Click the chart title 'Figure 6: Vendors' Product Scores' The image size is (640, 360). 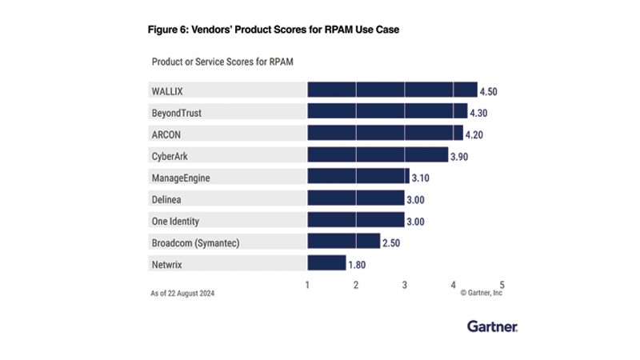(273, 30)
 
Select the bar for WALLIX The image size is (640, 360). (392, 90)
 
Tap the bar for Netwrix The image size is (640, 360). (326, 262)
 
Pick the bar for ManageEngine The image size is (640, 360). (358, 176)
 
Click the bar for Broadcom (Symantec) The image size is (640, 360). (343, 241)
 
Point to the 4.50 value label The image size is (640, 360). (489, 91)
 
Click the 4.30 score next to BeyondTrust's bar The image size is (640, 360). (479, 113)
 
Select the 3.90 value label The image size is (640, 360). (459, 156)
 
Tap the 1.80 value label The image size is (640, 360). (358, 263)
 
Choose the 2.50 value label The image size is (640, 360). (392, 242)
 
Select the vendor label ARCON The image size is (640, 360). (166, 134)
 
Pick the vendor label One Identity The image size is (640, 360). (176, 220)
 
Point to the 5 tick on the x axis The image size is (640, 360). (502, 284)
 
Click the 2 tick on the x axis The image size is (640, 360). (356, 284)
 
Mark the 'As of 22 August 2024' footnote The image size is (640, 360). (182, 294)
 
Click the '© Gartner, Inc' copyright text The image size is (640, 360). (482, 294)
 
